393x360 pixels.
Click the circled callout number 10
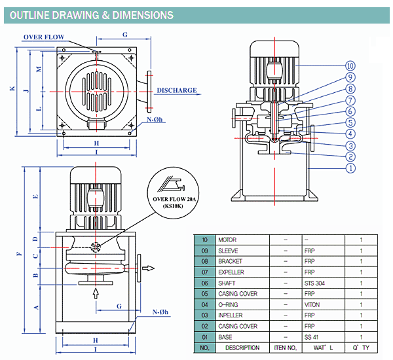350,66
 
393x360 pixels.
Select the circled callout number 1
350,168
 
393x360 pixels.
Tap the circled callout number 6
350,111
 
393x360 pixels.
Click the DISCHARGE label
177,90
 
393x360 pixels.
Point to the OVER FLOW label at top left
44,37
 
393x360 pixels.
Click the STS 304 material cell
314,283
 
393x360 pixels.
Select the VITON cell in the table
312,304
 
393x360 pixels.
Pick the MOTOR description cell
227,240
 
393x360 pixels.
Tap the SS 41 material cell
311,337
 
